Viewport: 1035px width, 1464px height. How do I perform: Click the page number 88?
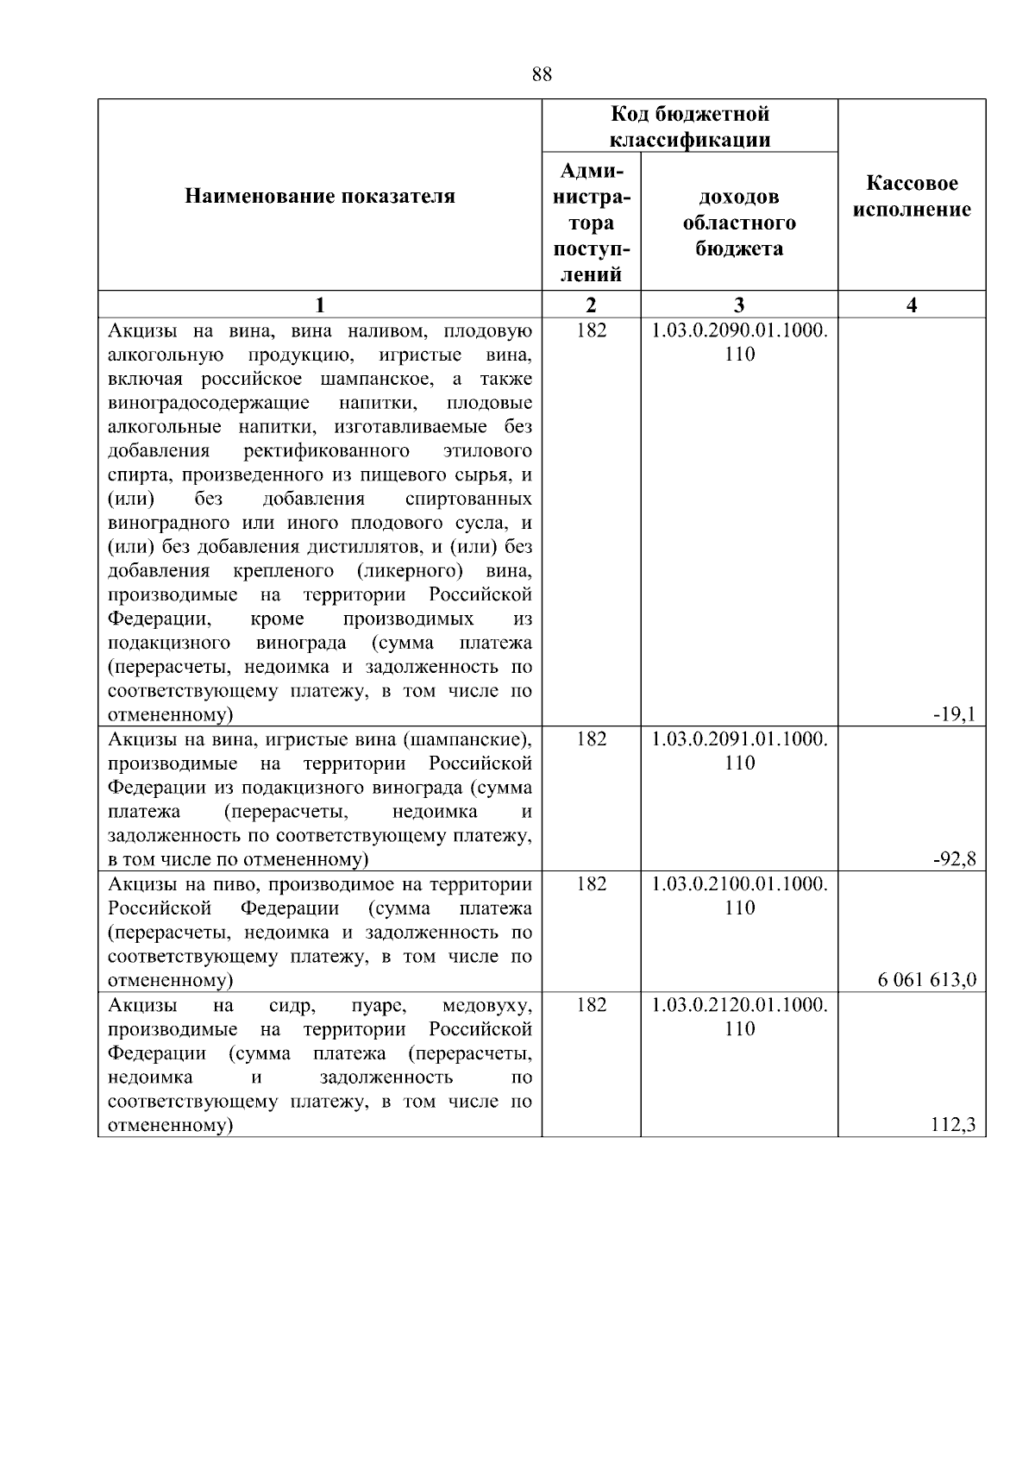click(x=542, y=74)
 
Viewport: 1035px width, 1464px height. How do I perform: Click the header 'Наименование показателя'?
click(x=320, y=197)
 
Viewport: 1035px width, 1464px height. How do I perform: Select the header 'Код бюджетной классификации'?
click(x=690, y=127)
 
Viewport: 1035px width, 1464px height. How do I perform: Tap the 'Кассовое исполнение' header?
click(x=912, y=197)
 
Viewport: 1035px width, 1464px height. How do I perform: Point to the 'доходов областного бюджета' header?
click(x=739, y=223)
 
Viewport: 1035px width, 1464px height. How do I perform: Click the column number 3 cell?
click(x=739, y=305)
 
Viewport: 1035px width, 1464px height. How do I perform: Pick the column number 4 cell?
click(x=912, y=305)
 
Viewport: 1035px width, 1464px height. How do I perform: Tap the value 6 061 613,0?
click(x=927, y=980)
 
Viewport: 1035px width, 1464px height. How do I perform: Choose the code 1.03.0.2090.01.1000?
click(x=739, y=330)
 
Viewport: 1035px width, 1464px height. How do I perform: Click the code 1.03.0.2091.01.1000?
click(x=739, y=739)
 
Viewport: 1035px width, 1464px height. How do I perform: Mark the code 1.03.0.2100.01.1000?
click(x=739, y=884)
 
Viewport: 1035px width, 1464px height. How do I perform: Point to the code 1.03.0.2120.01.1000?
click(x=739, y=1005)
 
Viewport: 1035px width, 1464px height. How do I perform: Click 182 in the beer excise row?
click(x=591, y=884)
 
